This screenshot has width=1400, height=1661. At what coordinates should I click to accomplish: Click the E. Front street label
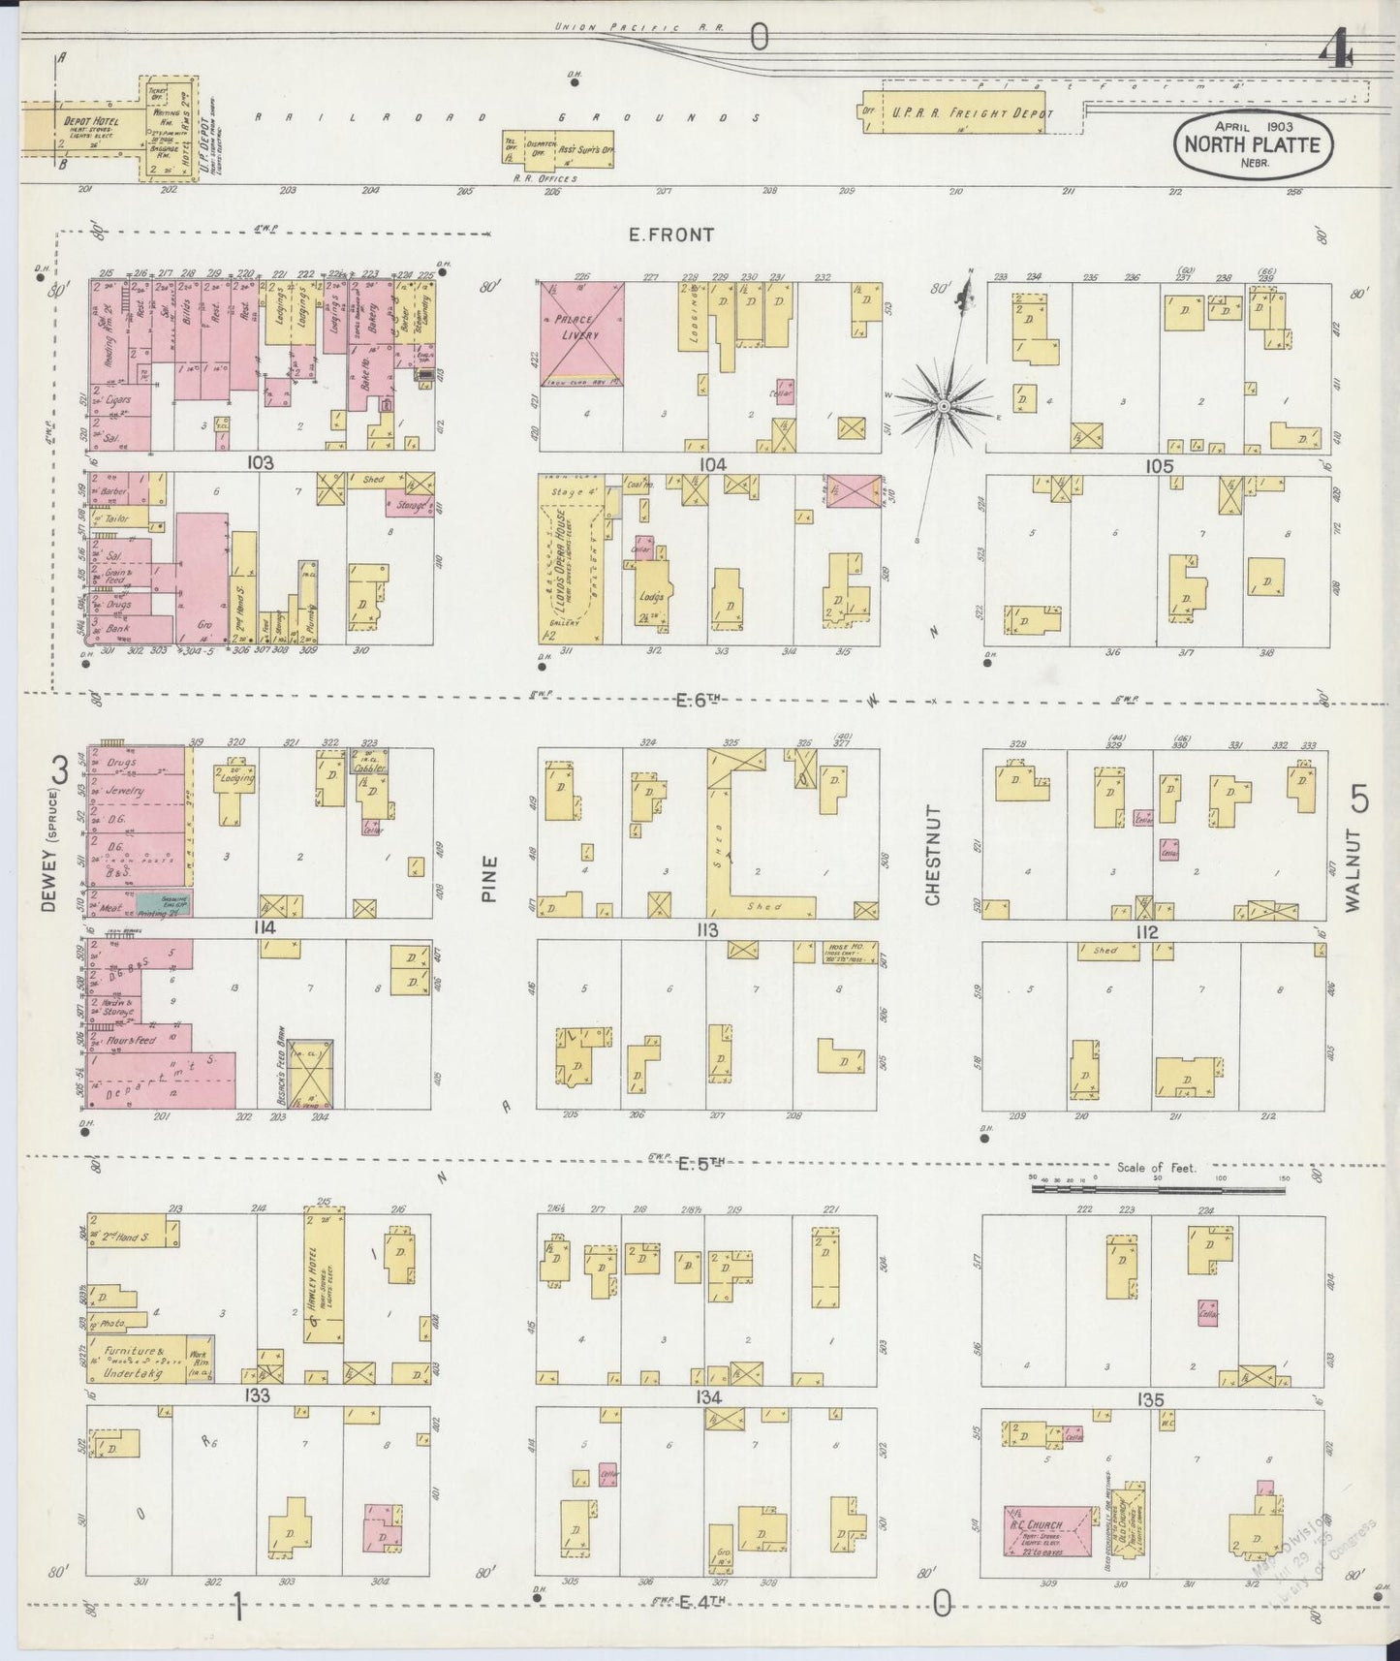pos(670,235)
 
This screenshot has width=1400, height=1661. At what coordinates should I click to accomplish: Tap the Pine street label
pos(490,878)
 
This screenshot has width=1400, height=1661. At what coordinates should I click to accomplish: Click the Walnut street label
pos(1353,868)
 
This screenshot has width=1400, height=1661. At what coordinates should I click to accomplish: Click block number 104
pos(711,465)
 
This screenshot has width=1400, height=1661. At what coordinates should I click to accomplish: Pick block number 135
pos(1150,1399)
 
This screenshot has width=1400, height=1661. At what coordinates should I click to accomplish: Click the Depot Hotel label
pos(90,122)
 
